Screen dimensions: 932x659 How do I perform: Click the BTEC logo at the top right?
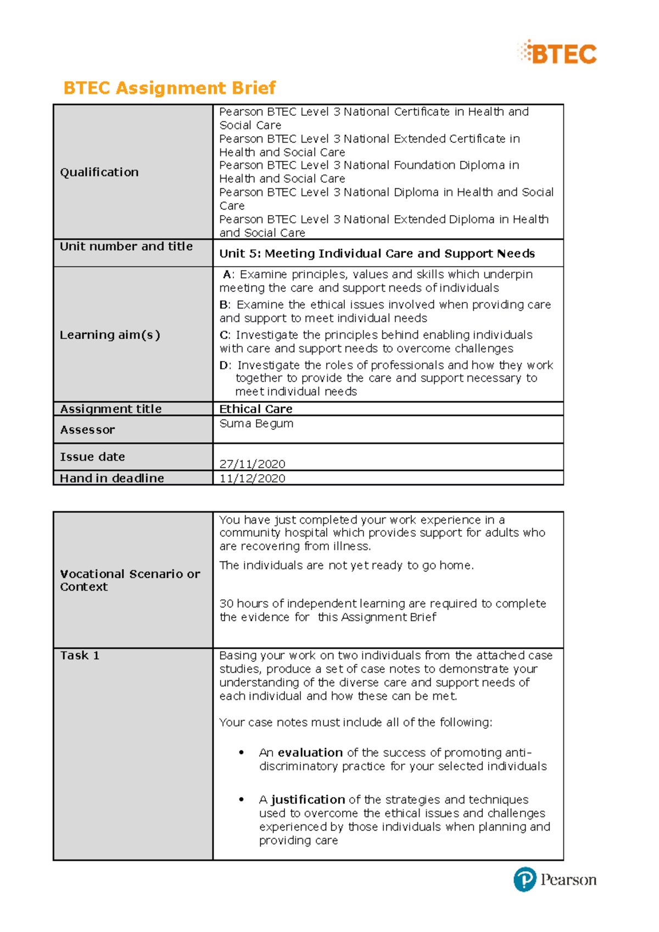pos(557,53)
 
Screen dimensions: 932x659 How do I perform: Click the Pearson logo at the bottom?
pos(555,879)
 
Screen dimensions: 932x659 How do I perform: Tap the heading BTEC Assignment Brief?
pos(169,88)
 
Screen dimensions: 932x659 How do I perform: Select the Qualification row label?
pos(99,172)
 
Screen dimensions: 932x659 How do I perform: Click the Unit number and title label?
pos(126,246)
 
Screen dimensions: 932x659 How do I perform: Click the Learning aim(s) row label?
pos(110,335)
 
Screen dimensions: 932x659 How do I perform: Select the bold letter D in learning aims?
pos(224,366)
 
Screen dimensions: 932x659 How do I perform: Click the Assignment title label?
pos(111,409)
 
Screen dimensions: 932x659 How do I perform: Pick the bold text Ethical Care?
pos(256,409)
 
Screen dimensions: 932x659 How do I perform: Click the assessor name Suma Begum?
pos(256,424)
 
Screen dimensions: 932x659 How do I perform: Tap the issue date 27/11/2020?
pos(252,464)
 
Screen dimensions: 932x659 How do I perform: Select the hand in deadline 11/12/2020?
pos(252,478)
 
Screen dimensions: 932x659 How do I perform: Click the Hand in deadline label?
pos(112,478)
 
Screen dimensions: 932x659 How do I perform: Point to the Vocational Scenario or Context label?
pos(130,580)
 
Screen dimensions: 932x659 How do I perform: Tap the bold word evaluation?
pos(310,753)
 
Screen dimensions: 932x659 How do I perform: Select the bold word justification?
pos(308,800)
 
